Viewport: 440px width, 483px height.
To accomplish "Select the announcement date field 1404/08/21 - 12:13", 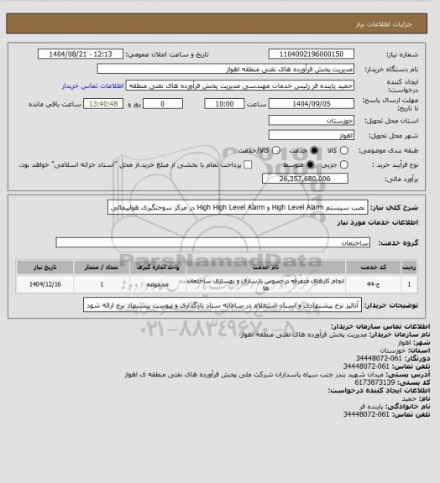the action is (82, 53).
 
